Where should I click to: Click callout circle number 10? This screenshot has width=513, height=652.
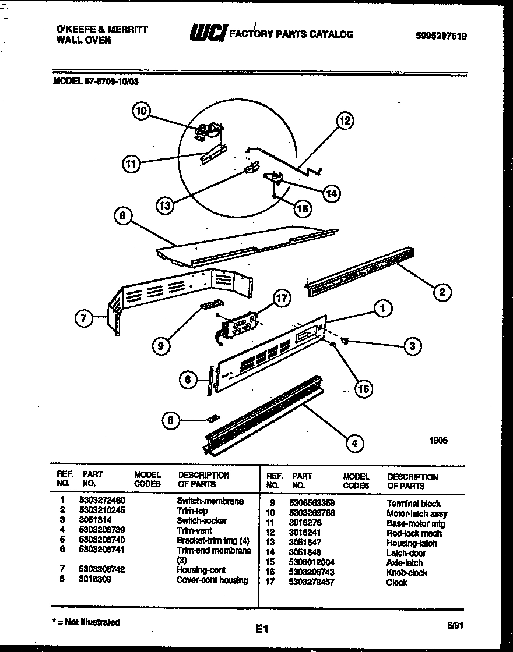pos(142,111)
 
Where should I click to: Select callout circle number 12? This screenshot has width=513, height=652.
pos(345,121)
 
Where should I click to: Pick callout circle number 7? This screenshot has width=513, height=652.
pos(85,318)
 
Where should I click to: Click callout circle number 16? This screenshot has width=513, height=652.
pos(363,388)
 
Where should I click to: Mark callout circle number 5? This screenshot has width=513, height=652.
pos(171,420)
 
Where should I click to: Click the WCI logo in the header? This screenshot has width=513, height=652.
pos(208,34)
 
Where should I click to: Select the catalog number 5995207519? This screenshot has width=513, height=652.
pos(441,36)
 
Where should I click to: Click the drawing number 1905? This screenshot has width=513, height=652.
pos(438,441)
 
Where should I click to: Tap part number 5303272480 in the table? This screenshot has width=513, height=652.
pos(102,501)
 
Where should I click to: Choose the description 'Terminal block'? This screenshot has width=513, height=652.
pos(413,504)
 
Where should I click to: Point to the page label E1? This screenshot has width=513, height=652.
pos(261,629)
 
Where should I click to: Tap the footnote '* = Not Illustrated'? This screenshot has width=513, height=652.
pos(86,622)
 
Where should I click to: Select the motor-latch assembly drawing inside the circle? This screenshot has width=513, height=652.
pos(208,131)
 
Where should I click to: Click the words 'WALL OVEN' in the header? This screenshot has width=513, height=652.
pos(83,40)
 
